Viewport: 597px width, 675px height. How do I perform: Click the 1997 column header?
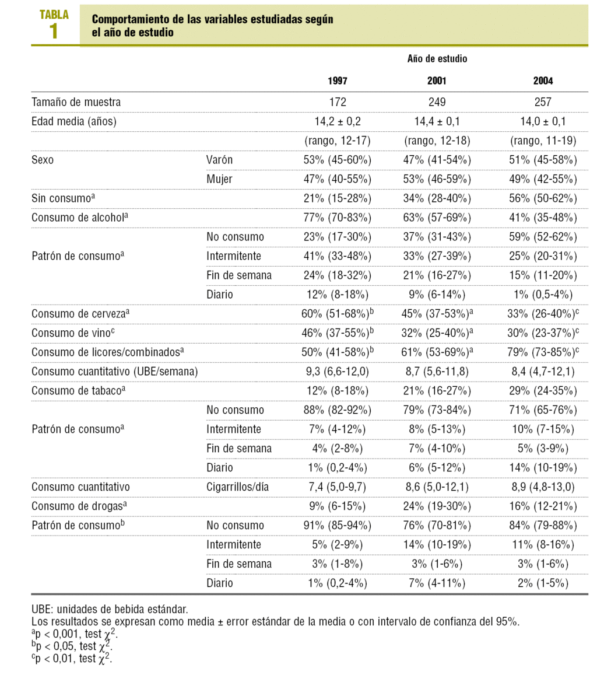click(338, 81)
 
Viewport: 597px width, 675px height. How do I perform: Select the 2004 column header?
click(543, 81)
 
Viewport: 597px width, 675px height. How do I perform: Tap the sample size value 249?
click(437, 102)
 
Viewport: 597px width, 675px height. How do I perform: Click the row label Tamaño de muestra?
click(76, 102)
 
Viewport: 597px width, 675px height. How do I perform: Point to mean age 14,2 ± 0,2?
click(338, 122)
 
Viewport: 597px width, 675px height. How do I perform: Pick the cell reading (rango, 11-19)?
click(543, 141)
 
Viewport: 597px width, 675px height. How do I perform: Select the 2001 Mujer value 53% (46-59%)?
click(437, 179)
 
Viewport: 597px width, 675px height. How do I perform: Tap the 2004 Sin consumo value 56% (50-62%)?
click(543, 198)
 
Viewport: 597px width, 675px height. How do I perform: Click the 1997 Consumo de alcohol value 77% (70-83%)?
click(338, 218)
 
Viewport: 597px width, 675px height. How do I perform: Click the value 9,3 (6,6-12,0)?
click(338, 372)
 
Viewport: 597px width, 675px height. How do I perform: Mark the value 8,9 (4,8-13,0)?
click(543, 487)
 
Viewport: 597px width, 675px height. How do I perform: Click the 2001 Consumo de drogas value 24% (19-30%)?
click(437, 506)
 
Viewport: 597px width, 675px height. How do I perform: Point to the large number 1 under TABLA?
click(54, 32)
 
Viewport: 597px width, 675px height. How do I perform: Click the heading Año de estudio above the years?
click(437, 59)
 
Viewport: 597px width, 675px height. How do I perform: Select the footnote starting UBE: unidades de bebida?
click(110, 610)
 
